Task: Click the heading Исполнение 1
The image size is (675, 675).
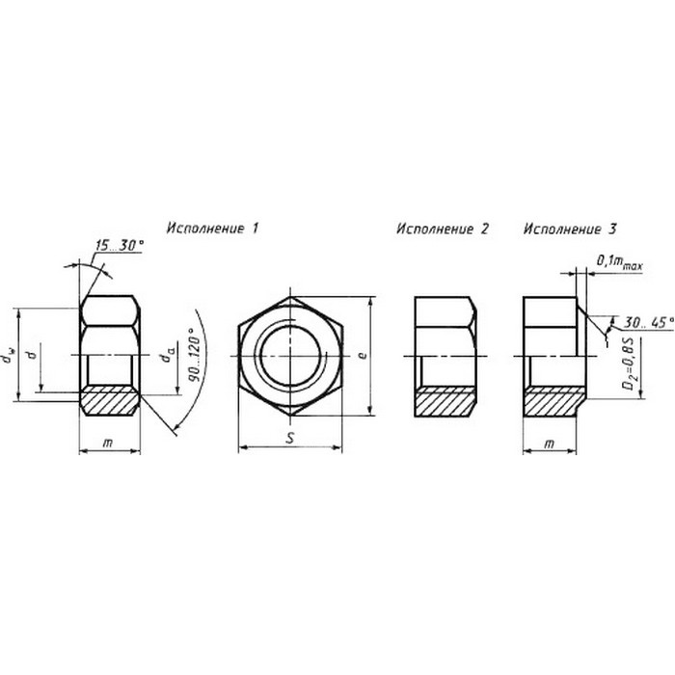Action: [213, 229]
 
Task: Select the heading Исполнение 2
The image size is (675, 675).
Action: [443, 229]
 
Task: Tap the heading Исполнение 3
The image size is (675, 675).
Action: [570, 229]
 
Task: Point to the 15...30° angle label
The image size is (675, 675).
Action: [120, 245]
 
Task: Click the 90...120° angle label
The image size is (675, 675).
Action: [195, 354]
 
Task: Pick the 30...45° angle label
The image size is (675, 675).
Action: [649, 323]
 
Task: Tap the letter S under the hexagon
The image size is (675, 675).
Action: [290, 438]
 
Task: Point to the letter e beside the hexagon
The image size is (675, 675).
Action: [363, 356]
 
